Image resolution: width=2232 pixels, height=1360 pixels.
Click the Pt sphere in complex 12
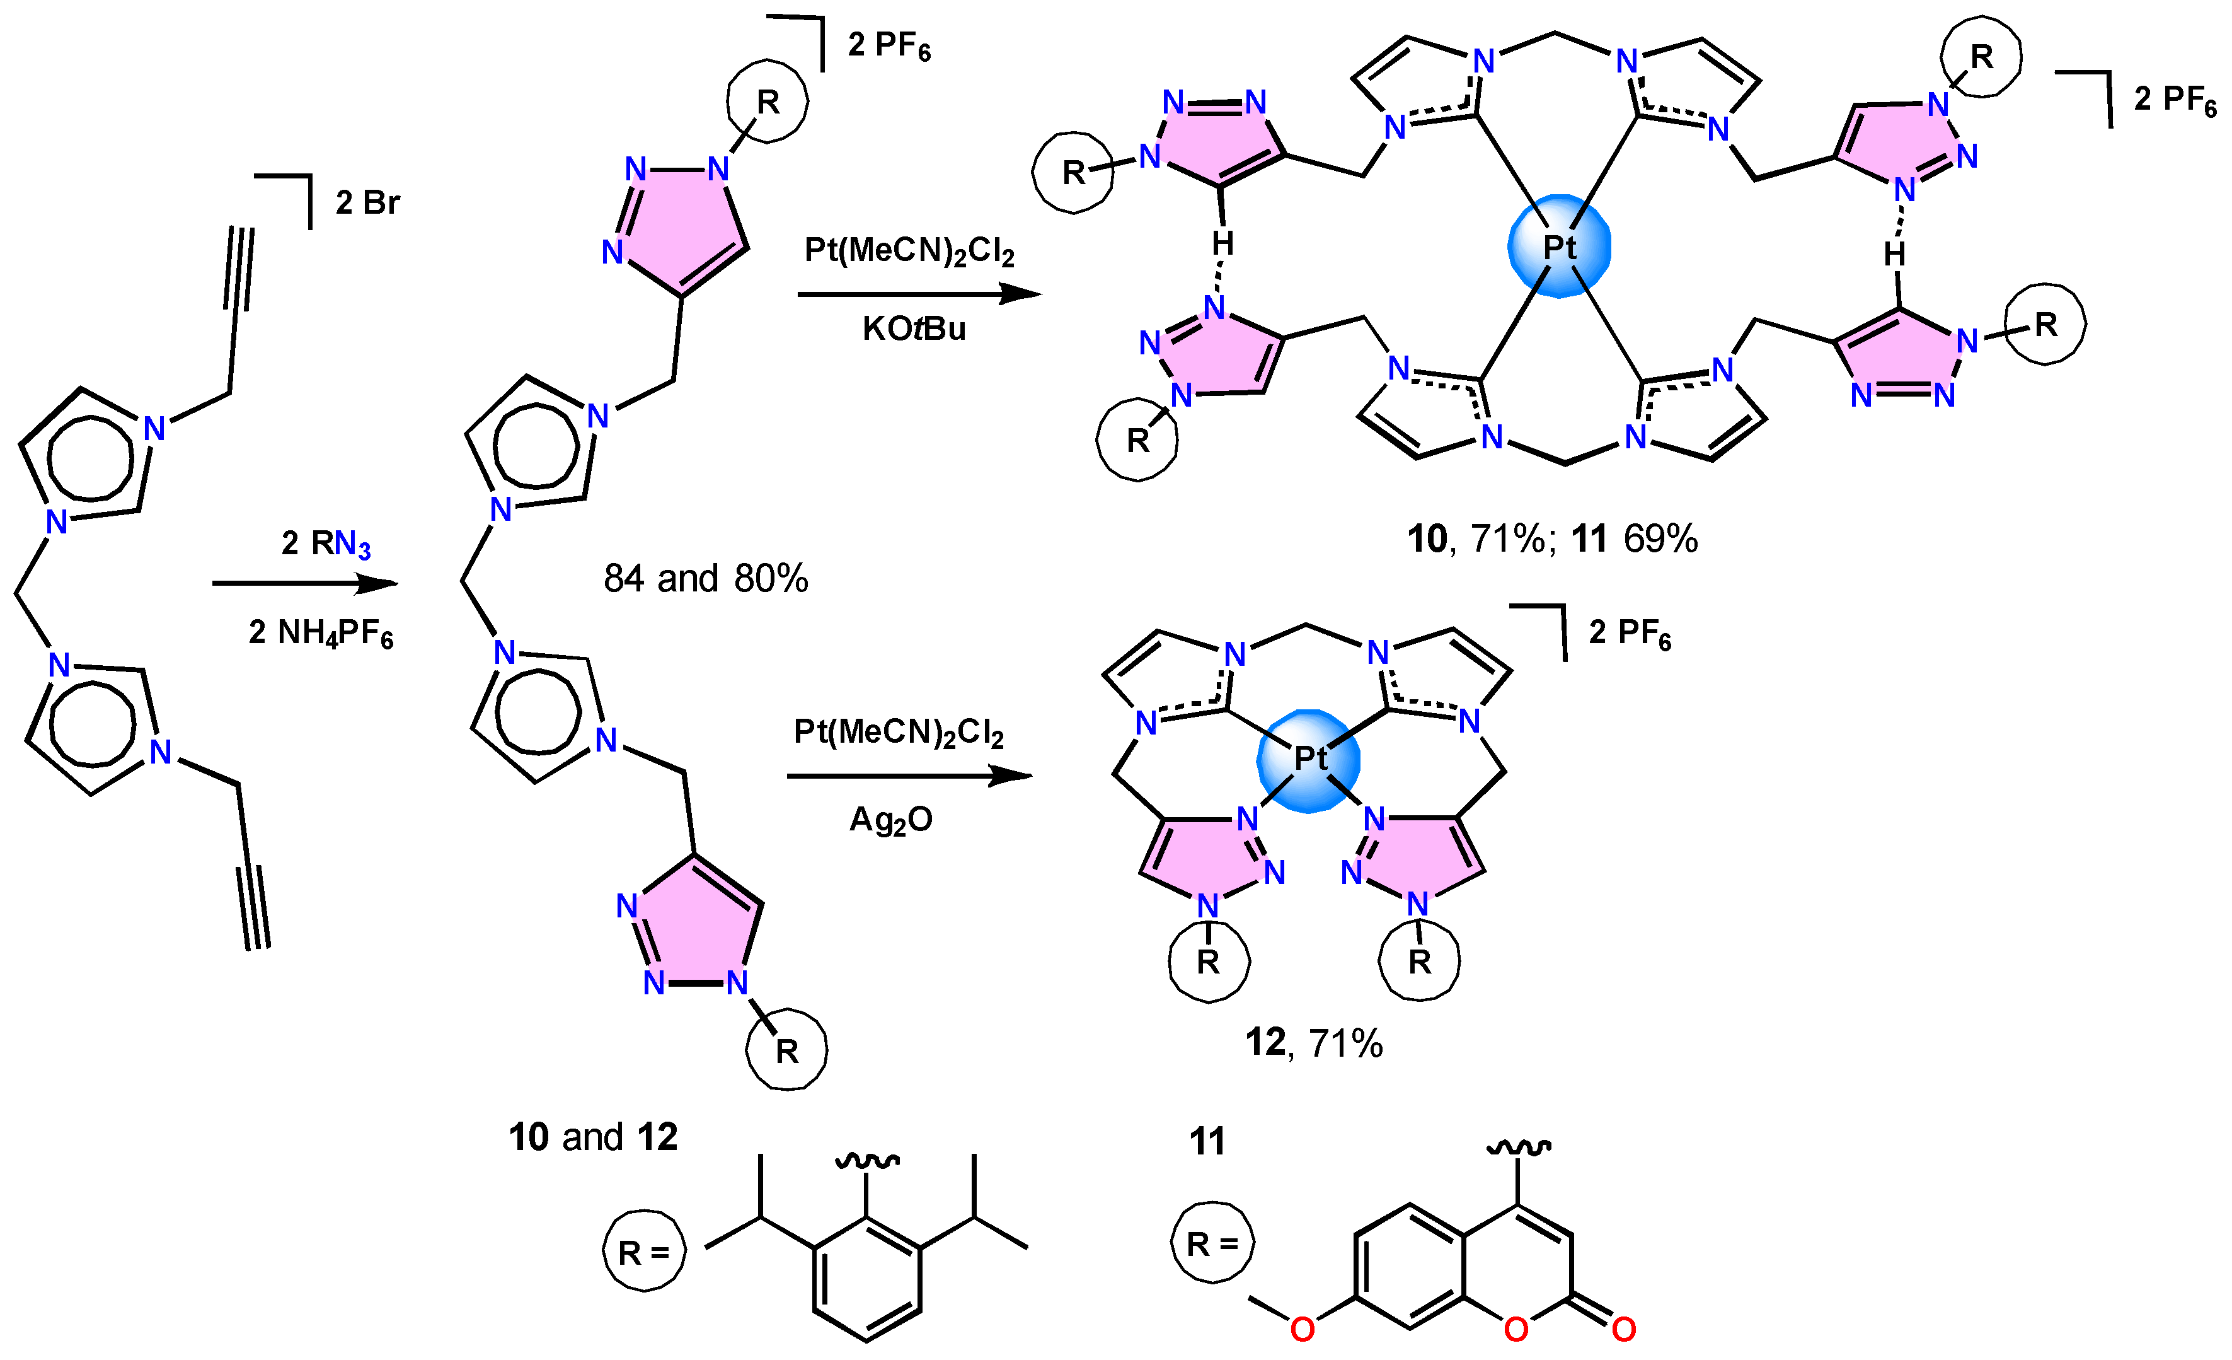pos(1309,759)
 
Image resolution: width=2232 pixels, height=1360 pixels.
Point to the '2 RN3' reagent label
pos(326,543)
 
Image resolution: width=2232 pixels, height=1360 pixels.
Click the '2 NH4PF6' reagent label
pos(321,632)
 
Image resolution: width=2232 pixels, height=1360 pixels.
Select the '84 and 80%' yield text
pos(706,578)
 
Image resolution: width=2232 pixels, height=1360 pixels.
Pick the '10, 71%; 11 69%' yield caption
pos(1551,539)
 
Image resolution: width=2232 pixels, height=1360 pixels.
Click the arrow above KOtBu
pos(919,294)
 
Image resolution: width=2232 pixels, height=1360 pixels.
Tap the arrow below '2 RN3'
pos(305,583)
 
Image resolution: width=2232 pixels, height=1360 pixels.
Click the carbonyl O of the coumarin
pos(1623,1329)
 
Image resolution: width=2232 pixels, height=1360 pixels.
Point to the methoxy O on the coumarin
pos(1303,1329)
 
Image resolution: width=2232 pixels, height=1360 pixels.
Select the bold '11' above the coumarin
pos(1207,1141)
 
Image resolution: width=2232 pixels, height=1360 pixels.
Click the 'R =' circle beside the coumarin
pos(1212,1242)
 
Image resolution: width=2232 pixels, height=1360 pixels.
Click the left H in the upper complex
pos(1223,243)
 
